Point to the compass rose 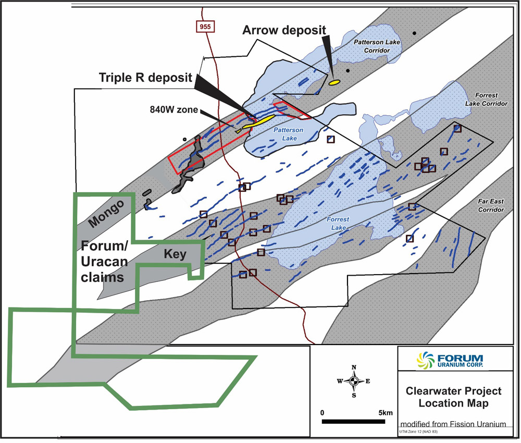(x=354, y=381)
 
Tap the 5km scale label (x=385, y=413)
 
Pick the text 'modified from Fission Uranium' (x=453, y=425)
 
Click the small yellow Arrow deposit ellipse (x=334, y=82)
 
